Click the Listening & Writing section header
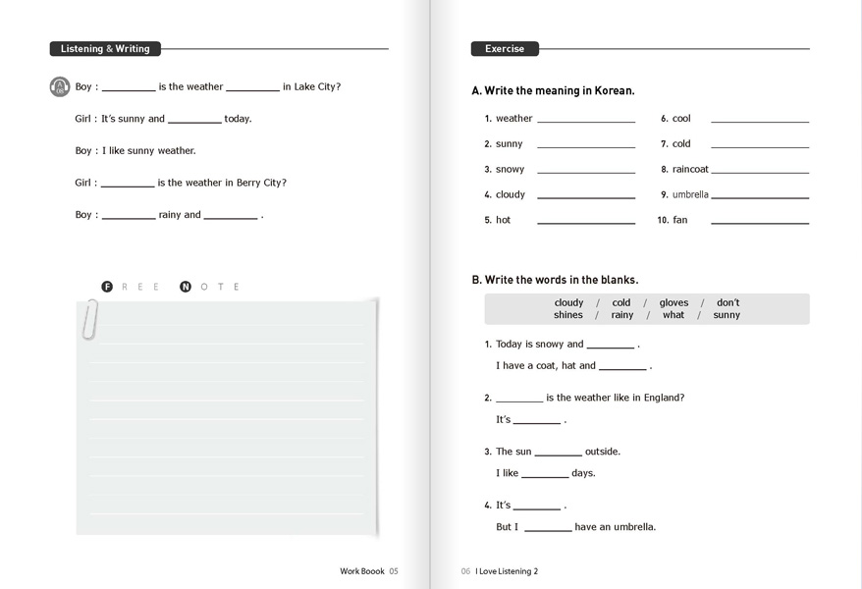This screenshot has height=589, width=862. point(105,49)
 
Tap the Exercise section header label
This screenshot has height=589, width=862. point(505,49)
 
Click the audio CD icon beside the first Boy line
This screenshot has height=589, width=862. point(60,87)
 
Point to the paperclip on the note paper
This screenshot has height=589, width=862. point(89,318)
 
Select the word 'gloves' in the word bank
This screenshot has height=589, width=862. point(673,303)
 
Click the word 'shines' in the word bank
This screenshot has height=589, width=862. point(567,315)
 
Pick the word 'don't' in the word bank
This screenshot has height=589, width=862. point(727,303)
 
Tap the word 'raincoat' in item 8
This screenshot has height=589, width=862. point(690,170)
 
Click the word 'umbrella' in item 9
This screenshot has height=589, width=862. point(690,195)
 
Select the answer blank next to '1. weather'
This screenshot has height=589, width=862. point(585,120)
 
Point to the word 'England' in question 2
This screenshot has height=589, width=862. point(663,398)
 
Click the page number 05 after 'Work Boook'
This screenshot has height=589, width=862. point(394,570)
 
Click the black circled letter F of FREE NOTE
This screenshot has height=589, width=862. point(108,287)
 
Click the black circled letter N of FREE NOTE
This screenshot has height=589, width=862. point(186,287)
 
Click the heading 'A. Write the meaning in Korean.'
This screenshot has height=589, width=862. point(553,91)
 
